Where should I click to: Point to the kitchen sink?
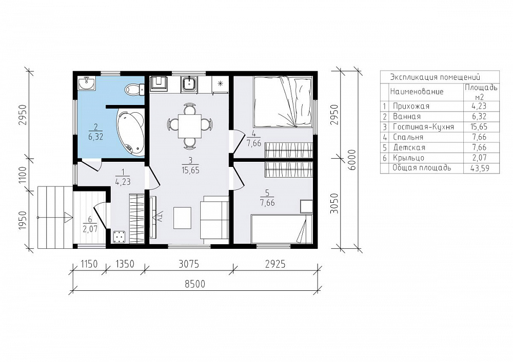point(189,84)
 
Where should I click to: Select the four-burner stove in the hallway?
point(120,237)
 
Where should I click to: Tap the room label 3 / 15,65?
point(190,165)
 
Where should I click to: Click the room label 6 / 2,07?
point(90,224)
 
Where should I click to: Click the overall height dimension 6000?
point(352,160)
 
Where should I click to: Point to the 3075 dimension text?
point(189,264)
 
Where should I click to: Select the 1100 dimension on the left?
point(22,175)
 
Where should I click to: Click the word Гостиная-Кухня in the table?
point(423,126)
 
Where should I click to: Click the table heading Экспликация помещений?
point(435,77)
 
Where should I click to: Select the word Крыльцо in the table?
point(409,158)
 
